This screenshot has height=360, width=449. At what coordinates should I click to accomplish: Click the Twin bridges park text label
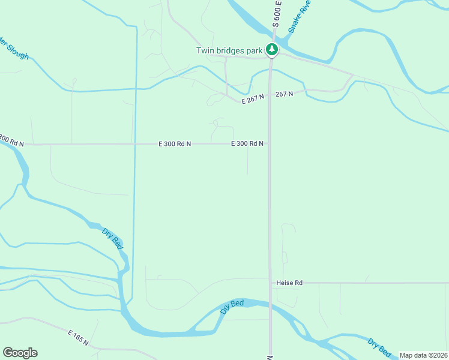(x=229, y=50)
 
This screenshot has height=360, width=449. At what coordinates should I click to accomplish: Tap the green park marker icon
(x=272, y=50)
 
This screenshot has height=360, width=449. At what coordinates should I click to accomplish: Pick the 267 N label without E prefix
(x=285, y=94)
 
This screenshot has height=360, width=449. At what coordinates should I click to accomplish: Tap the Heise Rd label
(x=289, y=283)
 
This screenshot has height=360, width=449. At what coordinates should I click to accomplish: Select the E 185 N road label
(x=78, y=337)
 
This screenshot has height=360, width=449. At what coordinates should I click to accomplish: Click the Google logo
(x=20, y=353)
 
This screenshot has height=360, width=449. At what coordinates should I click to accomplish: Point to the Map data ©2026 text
(x=423, y=355)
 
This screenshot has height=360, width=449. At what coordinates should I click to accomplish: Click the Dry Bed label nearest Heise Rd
(x=232, y=307)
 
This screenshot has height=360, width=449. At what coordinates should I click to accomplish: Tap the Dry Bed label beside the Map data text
(x=379, y=346)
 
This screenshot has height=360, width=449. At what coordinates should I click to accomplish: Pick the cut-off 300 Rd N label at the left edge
(x=11, y=141)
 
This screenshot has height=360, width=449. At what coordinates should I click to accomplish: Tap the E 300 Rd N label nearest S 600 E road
(x=248, y=144)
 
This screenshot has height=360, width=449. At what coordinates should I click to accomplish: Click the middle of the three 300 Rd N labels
(x=175, y=144)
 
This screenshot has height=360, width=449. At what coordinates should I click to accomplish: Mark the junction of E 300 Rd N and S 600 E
(x=270, y=144)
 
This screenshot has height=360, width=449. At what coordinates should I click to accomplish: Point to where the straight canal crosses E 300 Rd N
(x=134, y=144)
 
